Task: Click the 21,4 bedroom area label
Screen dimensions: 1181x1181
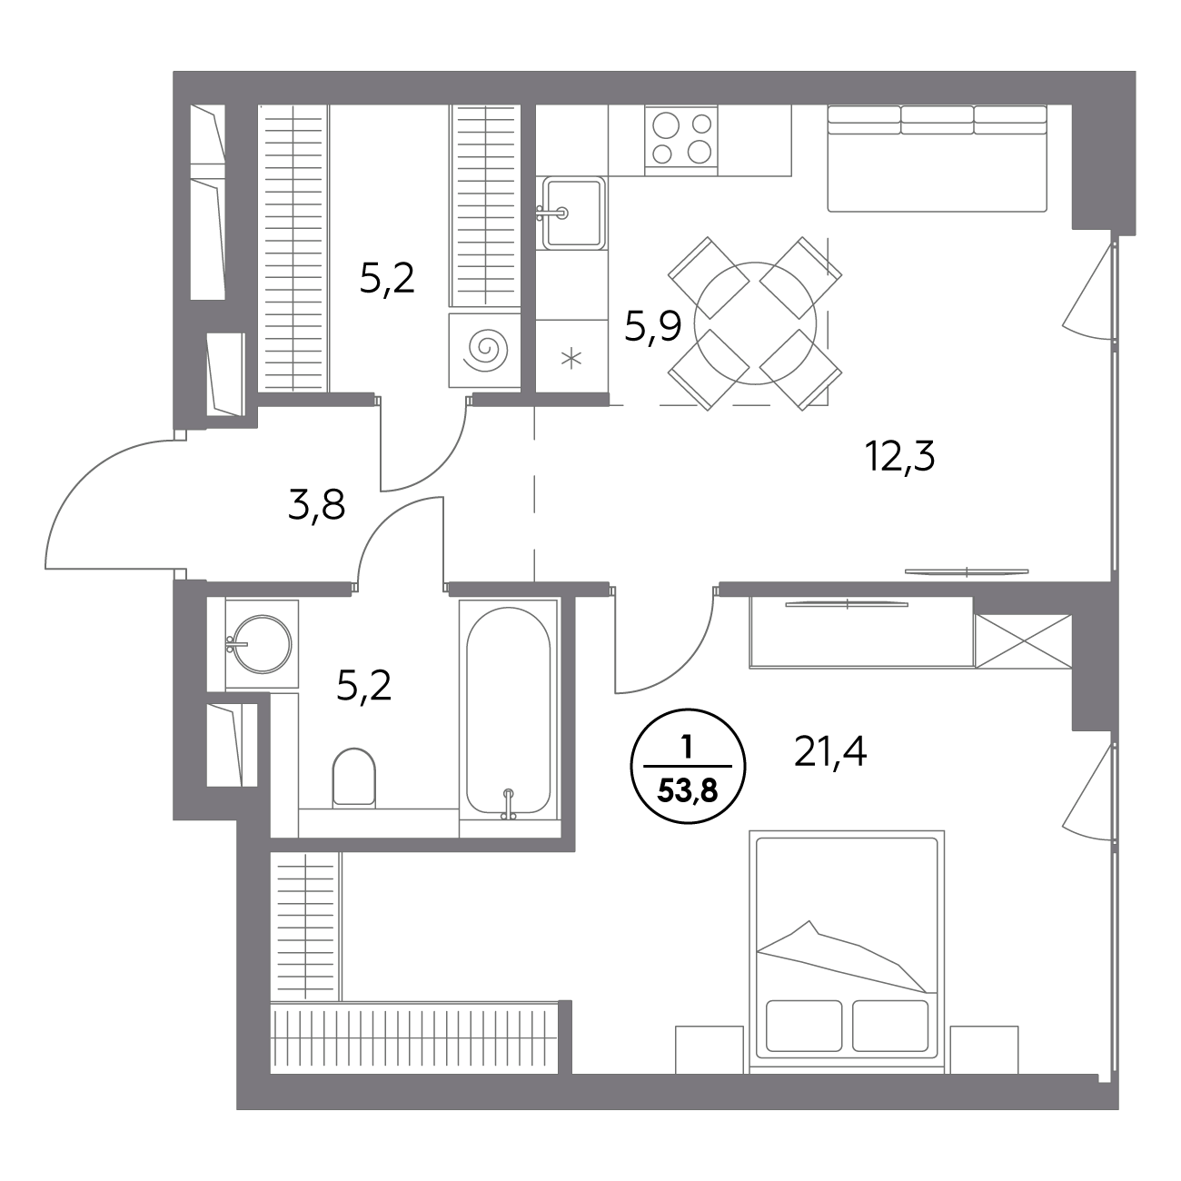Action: point(829,752)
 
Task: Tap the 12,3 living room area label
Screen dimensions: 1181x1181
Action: point(899,456)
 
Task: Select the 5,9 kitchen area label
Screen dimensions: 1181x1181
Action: point(652,327)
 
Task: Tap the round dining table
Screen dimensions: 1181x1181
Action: point(755,323)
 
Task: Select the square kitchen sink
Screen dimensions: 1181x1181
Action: point(571,213)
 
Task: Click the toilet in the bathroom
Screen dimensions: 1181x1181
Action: point(353,777)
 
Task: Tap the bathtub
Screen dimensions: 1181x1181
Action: point(508,711)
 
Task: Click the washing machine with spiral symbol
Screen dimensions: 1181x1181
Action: point(484,351)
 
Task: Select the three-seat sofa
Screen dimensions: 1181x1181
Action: point(937,158)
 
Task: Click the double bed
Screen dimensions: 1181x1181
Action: point(847,950)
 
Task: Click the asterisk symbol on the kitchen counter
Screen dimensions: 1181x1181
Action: point(571,359)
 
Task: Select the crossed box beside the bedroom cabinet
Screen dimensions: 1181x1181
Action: point(1023,641)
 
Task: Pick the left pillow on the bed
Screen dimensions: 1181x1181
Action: point(803,1026)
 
